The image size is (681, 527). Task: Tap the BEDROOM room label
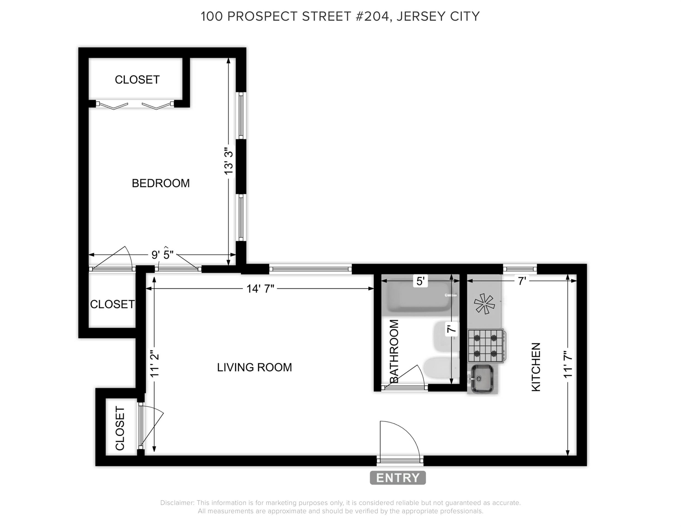tap(161, 183)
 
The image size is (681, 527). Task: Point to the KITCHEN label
tap(536, 367)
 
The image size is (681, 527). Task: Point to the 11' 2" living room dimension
tap(155, 365)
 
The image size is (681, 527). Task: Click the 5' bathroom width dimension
tap(420, 281)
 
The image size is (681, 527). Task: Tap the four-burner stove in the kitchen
tap(486, 346)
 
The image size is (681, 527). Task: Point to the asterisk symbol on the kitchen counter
tap(484, 303)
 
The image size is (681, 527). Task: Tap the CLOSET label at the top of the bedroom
tap(137, 80)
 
